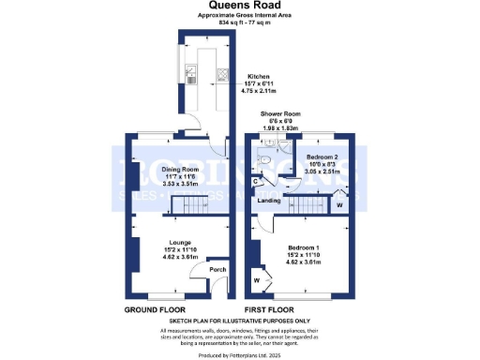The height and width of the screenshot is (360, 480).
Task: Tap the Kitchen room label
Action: [x=259, y=77]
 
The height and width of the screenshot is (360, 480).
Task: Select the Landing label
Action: [x=272, y=201]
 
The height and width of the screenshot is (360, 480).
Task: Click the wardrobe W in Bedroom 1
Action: [x=256, y=279]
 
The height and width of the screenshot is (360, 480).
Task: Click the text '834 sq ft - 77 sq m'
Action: [x=239, y=23]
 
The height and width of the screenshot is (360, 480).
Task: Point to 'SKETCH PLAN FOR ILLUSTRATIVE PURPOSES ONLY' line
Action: [x=239, y=321]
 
